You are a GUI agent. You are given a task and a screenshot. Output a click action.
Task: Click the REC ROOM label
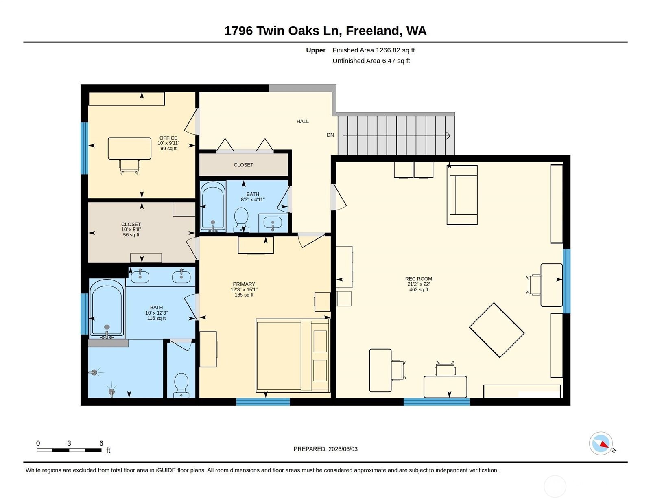[x=419, y=279]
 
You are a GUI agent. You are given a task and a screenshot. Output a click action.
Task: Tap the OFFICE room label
[x=168, y=138]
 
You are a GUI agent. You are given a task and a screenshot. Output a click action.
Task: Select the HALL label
[x=303, y=121]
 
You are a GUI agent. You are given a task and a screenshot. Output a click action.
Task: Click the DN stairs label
[x=330, y=135]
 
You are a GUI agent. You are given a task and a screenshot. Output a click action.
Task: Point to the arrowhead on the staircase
[x=448, y=136]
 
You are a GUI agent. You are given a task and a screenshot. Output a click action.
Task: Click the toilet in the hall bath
[x=241, y=220]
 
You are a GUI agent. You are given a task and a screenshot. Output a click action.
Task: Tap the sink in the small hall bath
[x=272, y=223]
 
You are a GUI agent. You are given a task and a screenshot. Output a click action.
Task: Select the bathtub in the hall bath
[x=213, y=206]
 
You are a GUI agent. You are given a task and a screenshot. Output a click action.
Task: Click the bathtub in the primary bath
[x=107, y=308]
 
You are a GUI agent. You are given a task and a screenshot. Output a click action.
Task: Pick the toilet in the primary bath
[x=181, y=385]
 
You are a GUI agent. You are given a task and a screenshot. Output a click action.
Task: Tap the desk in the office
[x=129, y=148]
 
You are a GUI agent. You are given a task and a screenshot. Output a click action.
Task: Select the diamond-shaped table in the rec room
[x=497, y=330]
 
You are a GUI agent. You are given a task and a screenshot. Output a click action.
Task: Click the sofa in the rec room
[x=462, y=195]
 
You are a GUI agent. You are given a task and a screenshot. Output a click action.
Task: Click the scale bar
[x=69, y=450]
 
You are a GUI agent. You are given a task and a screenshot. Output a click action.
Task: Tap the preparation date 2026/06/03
[x=343, y=449]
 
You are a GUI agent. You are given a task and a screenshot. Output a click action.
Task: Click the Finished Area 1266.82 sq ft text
[x=374, y=50]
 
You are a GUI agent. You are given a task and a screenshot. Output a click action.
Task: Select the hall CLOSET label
[x=243, y=165]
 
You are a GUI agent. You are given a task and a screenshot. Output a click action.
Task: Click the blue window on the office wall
[x=85, y=148]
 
